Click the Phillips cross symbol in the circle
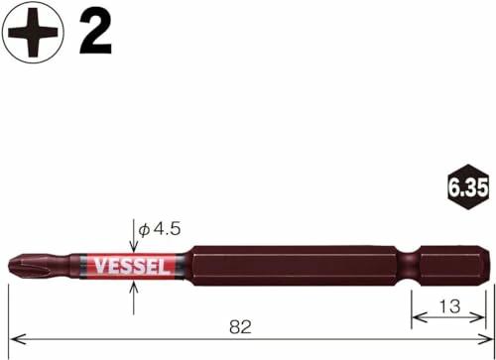[x=33, y=33]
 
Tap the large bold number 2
[x=95, y=33]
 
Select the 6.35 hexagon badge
[x=467, y=187]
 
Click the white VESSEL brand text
[x=131, y=267]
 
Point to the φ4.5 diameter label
[x=160, y=229]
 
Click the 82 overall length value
[x=240, y=327]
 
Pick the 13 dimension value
[x=449, y=306]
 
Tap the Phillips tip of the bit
[x=23, y=265]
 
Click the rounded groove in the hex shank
[x=409, y=266]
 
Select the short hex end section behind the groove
[x=453, y=266]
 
